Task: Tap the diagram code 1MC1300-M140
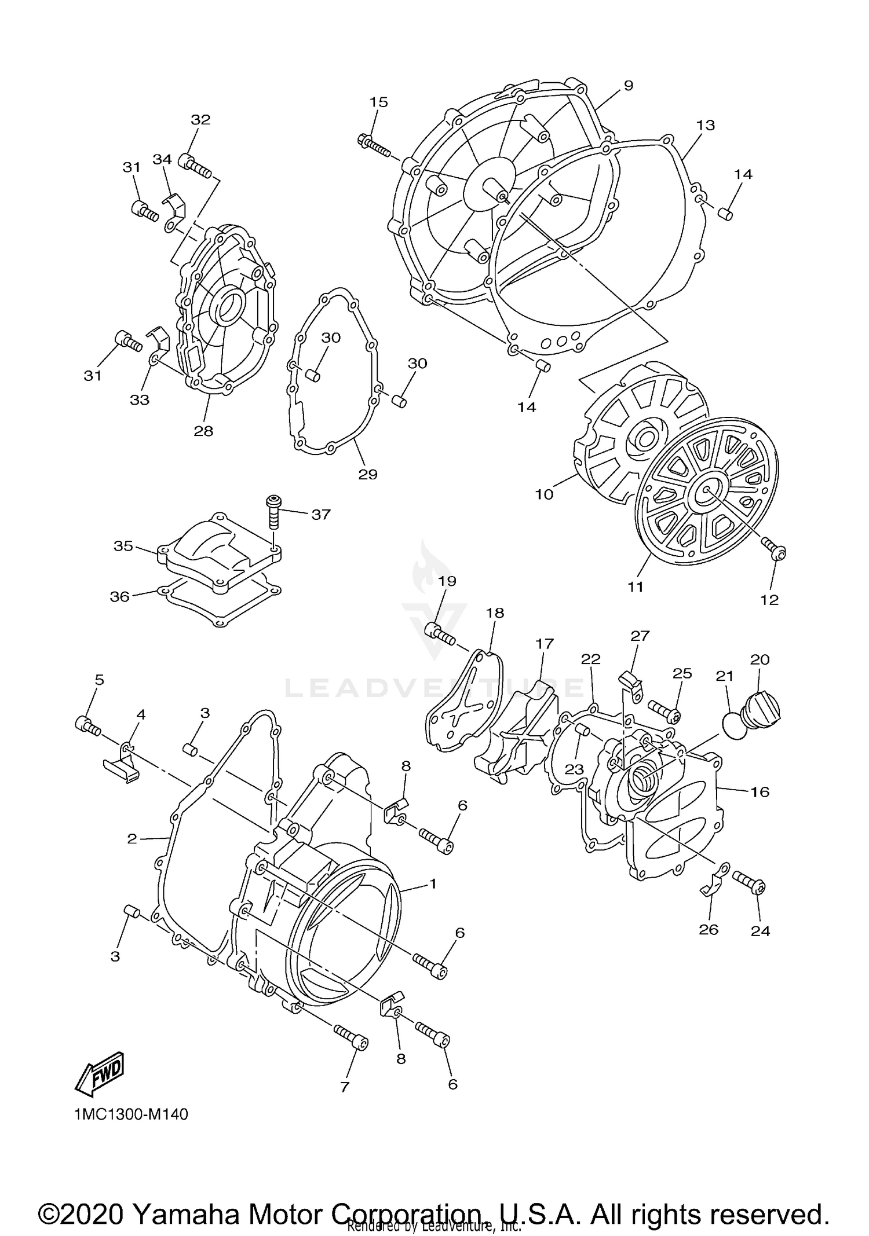[x=131, y=1114]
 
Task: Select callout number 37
[x=320, y=514]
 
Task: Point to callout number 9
[x=628, y=86]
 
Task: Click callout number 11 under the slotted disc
[x=636, y=586]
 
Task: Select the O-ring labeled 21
[x=735, y=726]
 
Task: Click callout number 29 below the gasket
[x=368, y=474]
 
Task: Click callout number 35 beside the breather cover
[x=123, y=546]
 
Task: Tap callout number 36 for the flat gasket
[x=120, y=596]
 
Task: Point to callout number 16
[x=760, y=791]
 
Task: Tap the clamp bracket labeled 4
[x=122, y=764]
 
